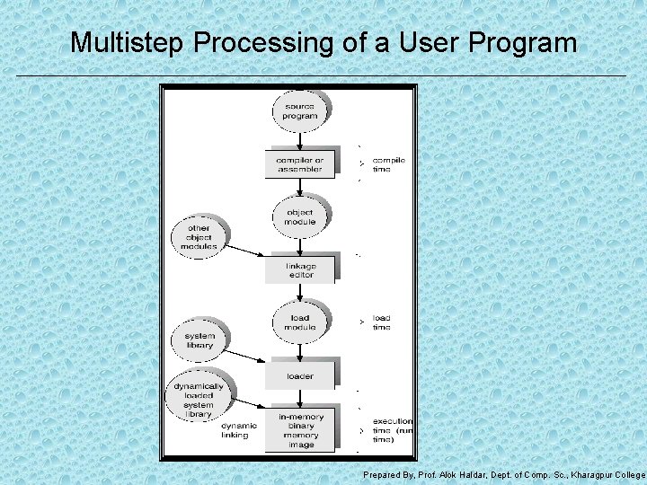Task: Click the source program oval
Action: tap(299, 110)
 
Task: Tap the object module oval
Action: tap(299, 217)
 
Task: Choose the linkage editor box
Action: tap(300, 270)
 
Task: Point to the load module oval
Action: tap(299, 322)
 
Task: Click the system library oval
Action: tap(199, 340)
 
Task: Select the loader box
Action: tap(299, 376)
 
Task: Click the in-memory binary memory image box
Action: tap(300, 430)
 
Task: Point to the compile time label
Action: tap(388, 164)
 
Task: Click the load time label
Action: tap(382, 322)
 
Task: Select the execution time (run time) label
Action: tap(393, 430)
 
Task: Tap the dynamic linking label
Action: tap(239, 430)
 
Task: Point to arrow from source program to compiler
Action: tap(299, 138)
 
